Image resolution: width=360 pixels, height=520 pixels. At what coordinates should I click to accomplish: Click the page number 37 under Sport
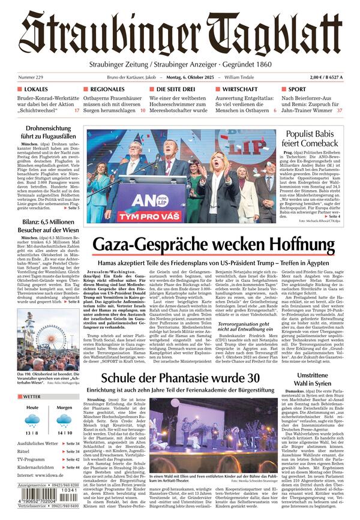[x=340, y=110]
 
